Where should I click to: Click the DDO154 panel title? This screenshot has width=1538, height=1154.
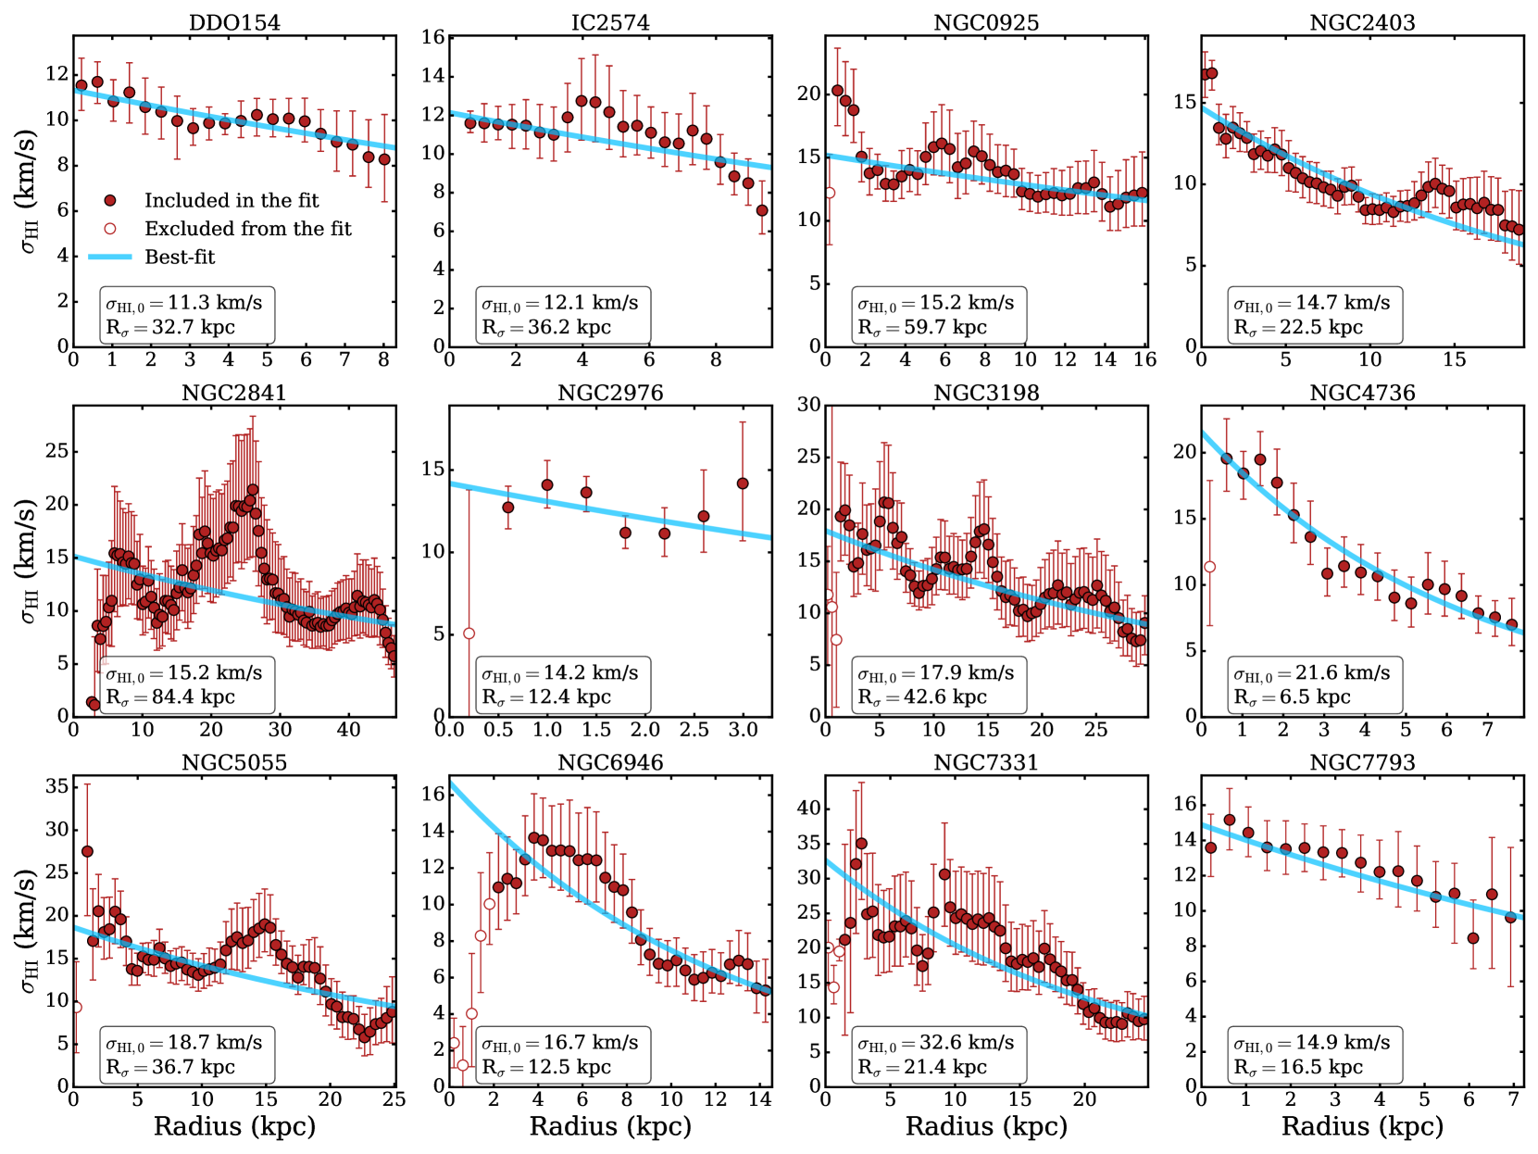click(234, 22)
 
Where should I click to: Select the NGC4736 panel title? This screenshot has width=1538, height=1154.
click(1362, 393)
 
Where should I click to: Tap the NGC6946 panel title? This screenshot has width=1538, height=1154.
click(610, 762)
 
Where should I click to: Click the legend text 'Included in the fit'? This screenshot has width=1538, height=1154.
click(231, 200)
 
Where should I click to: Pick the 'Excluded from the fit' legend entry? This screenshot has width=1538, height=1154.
click(248, 229)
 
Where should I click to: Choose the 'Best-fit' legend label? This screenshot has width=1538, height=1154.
click(180, 257)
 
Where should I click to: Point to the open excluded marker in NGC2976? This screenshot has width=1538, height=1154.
click(469, 633)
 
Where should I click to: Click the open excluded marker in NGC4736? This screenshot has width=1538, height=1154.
click(1209, 567)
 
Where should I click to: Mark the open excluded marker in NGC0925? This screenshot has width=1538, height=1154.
click(830, 193)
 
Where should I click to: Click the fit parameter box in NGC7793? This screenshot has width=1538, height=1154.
click(1315, 1055)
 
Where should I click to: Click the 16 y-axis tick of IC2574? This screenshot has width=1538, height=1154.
click(433, 37)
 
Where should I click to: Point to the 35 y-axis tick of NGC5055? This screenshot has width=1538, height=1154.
click(56, 786)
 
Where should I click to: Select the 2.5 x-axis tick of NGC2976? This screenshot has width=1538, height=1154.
click(694, 730)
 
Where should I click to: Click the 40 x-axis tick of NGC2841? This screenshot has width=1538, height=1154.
click(348, 730)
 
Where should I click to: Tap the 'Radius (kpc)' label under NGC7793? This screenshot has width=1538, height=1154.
click(1362, 1126)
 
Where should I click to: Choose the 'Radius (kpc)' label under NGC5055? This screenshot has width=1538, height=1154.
click(234, 1126)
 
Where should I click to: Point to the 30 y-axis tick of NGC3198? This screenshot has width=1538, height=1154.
click(809, 405)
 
